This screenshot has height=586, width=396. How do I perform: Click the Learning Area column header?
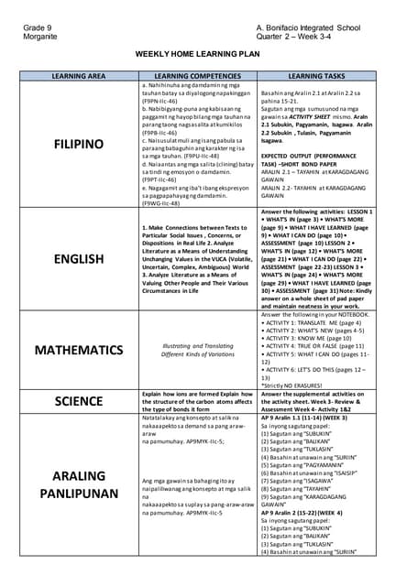pyautogui.click(x=79, y=75)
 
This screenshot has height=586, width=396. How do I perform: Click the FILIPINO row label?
pyautogui.click(x=79, y=145)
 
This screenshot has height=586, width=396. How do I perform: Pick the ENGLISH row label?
pyautogui.click(x=79, y=259)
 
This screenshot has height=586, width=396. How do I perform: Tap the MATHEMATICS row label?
pyautogui.click(x=79, y=350)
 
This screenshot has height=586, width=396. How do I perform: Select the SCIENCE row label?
pyautogui.click(x=79, y=400)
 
